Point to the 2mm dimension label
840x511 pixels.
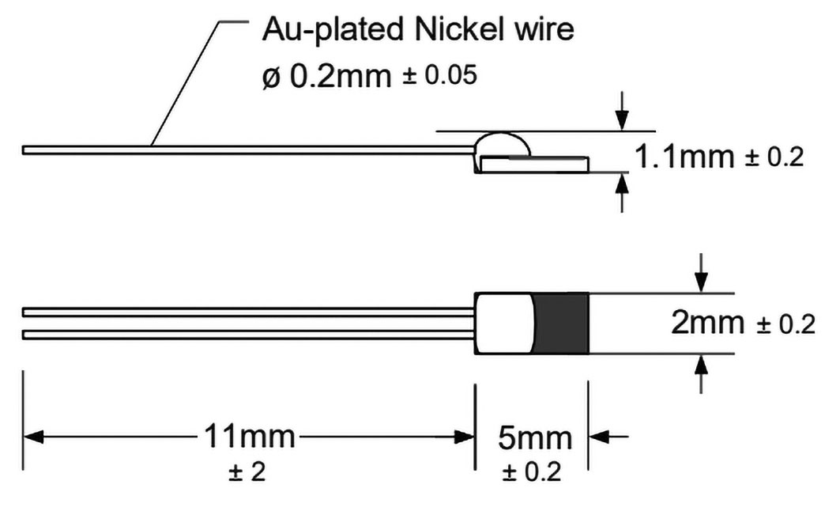click(707, 323)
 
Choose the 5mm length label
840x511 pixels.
click(533, 437)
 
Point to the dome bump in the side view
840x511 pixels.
click(503, 143)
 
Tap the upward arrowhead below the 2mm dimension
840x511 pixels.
click(701, 365)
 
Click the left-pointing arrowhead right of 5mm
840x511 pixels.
click(599, 437)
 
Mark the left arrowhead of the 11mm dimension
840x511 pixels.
click(33, 437)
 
